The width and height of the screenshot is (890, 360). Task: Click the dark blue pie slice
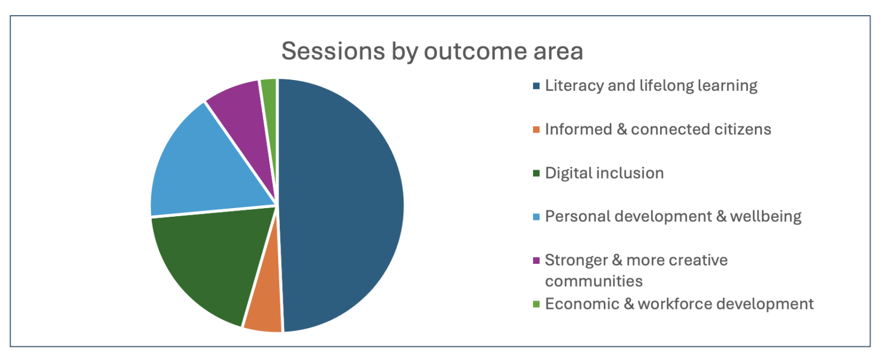342,203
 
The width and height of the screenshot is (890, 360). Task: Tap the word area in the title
556,51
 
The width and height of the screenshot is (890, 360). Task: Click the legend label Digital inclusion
604,173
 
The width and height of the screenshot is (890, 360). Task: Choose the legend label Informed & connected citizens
658,129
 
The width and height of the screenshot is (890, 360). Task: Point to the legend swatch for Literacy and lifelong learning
536,86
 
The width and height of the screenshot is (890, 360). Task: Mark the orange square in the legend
536,129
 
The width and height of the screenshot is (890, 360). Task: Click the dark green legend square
536,173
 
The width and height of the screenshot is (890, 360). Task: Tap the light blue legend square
536,217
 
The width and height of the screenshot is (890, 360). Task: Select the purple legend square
536,260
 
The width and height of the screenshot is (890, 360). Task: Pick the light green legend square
536,304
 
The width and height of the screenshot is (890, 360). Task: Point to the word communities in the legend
594,281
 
